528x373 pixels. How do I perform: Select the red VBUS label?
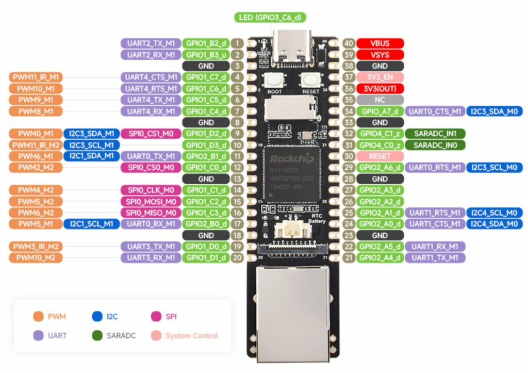click(379, 43)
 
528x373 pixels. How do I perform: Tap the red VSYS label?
click(379, 55)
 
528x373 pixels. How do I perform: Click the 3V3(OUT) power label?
click(379, 89)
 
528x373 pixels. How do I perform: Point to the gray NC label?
click(379, 100)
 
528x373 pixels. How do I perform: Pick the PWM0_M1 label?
click(35, 134)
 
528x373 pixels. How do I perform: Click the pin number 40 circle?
click(349, 43)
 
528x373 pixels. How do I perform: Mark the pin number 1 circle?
click(237, 43)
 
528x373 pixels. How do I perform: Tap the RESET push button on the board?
click(310, 80)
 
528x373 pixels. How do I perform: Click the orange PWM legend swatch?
click(38, 316)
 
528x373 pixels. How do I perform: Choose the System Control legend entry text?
click(191, 336)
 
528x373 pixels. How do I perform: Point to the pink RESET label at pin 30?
click(379, 156)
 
